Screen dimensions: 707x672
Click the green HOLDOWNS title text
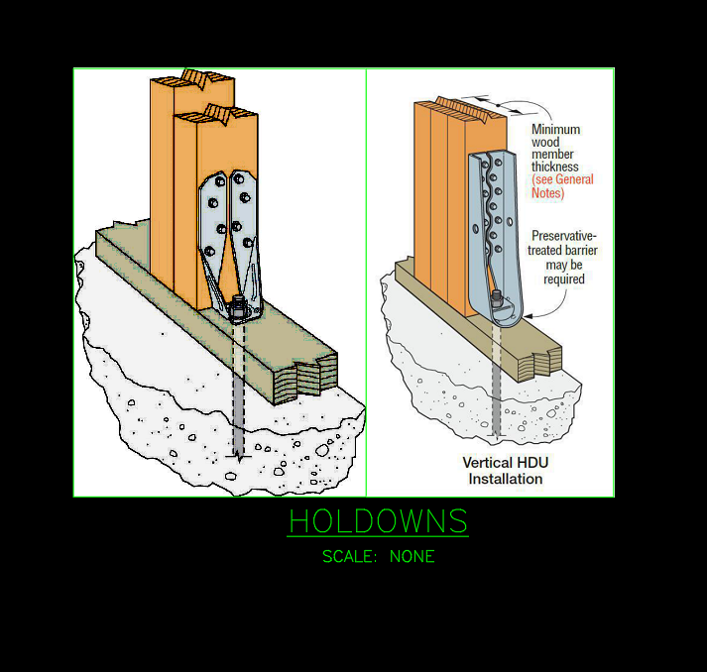point(378,521)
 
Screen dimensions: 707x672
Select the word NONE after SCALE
point(412,557)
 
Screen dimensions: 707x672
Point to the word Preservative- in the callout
point(563,236)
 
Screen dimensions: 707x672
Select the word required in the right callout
point(563,280)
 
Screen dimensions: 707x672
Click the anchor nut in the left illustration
point(238,309)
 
